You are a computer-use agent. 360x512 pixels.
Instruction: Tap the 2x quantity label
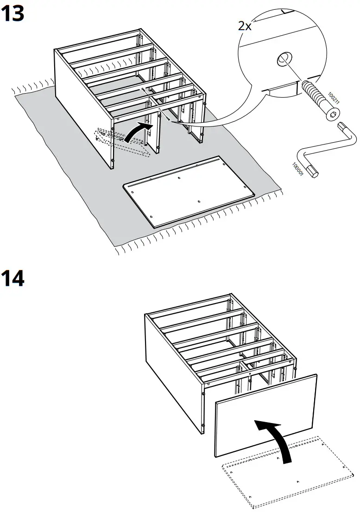point(244,25)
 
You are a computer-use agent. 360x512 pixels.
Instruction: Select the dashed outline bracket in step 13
point(120,143)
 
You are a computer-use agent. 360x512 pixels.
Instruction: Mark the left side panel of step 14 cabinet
point(174,371)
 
